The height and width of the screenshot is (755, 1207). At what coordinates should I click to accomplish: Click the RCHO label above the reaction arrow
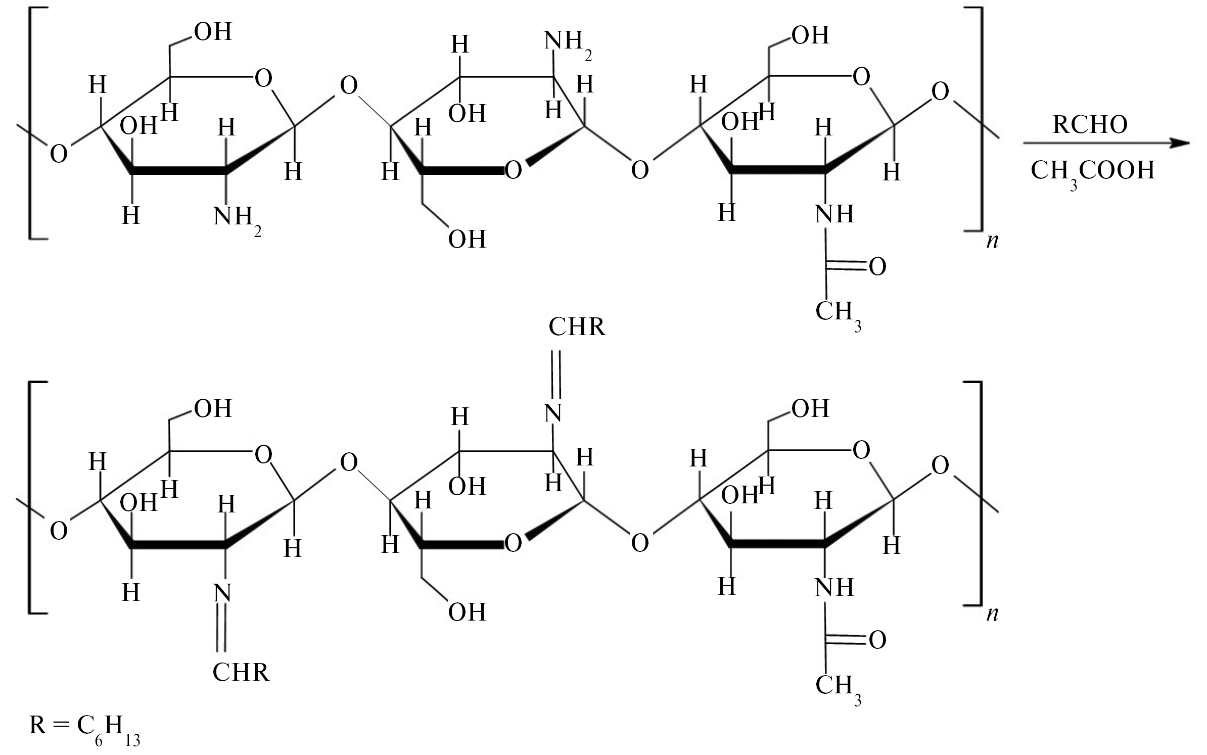pyautogui.click(x=1090, y=124)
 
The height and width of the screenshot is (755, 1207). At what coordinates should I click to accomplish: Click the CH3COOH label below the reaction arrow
pyautogui.click(x=1092, y=172)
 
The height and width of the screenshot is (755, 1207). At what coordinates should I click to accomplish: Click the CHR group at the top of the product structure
pyautogui.click(x=577, y=327)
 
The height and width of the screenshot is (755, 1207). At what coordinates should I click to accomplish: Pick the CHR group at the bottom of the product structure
pyautogui.click(x=241, y=672)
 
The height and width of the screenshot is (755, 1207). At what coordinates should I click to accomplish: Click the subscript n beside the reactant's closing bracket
pyautogui.click(x=992, y=242)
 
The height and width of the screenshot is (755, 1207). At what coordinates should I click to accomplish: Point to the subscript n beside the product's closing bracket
pyautogui.click(x=992, y=615)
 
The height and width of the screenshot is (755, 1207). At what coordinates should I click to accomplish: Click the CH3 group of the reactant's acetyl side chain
pyautogui.click(x=838, y=314)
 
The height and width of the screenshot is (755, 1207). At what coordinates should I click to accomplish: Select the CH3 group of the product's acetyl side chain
pyautogui.click(x=838, y=687)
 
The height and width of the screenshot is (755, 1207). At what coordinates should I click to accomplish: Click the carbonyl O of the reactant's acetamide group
pyautogui.click(x=877, y=267)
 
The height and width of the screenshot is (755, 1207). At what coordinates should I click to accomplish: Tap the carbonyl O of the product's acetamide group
pyautogui.click(x=877, y=640)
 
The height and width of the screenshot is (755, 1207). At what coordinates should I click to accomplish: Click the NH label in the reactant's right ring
pyautogui.click(x=834, y=214)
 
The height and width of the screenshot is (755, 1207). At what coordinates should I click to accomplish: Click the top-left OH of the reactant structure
pyautogui.click(x=213, y=32)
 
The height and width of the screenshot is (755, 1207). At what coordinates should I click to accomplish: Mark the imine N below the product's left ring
pyautogui.click(x=222, y=593)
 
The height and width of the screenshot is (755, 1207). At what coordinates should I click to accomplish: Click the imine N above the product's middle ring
pyautogui.click(x=553, y=413)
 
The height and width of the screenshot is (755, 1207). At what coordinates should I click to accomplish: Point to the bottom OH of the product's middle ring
pyautogui.click(x=467, y=612)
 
